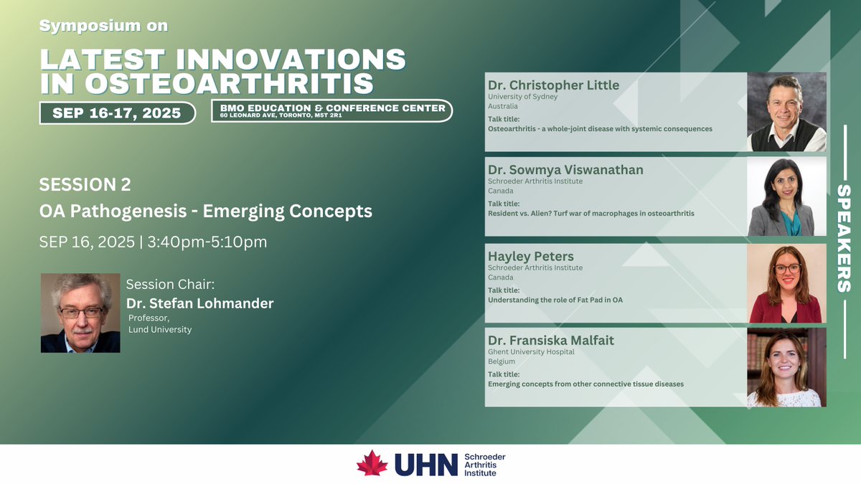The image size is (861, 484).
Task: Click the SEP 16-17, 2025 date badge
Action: pos(117,113)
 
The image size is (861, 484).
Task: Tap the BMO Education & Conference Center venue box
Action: pos(332,110)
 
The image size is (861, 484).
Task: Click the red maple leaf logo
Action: pos(372,463)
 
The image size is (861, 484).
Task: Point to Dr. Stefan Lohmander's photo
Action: pos(80,313)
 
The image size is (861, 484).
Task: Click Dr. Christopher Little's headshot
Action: pos(786,112)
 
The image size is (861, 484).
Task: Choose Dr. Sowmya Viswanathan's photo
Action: pos(786,196)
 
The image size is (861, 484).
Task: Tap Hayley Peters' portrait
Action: pos(786,283)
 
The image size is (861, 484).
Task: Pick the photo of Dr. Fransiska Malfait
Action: pos(786,367)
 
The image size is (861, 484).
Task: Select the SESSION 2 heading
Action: pos(85,185)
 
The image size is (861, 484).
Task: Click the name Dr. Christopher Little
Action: pos(553,85)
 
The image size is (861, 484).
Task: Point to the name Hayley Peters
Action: pos(531,256)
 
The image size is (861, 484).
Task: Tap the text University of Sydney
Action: pos(522,97)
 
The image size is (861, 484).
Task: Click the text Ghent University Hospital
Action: pos(531,352)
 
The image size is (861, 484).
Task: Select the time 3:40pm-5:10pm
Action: pos(207,242)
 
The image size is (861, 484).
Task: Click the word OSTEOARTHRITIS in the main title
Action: pos(230,83)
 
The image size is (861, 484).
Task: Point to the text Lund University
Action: pos(160,329)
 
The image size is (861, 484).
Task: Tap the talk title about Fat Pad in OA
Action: pos(555,300)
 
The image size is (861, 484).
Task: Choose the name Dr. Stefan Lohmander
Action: pos(199,303)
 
